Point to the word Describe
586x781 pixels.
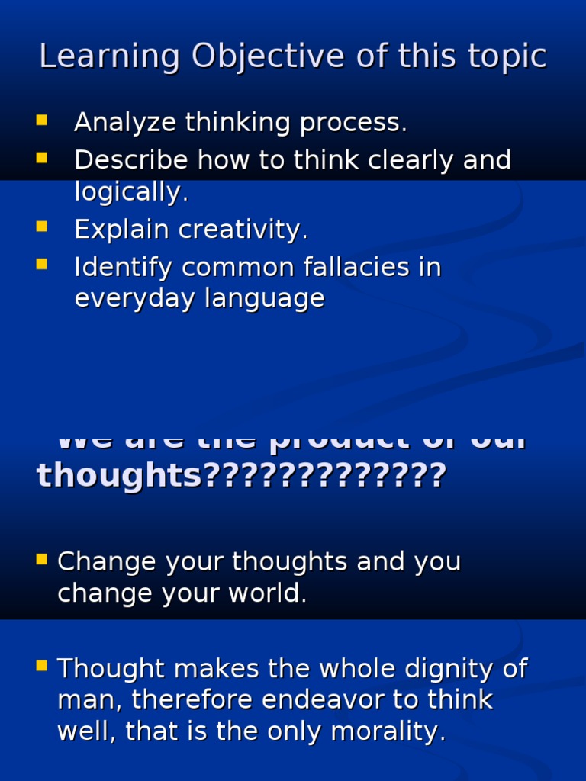[x=130, y=160]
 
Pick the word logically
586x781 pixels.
[x=130, y=192]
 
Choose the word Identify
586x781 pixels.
[x=123, y=267]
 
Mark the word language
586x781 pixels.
[x=264, y=299]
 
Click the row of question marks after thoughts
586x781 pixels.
[x=325, y=476]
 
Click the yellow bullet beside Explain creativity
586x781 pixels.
[x=41, y=227]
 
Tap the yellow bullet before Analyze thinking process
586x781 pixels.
[x=41, y=120]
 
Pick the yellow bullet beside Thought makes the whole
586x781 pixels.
[x=41, y=666]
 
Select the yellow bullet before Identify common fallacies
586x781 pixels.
[x=41, y=264]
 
